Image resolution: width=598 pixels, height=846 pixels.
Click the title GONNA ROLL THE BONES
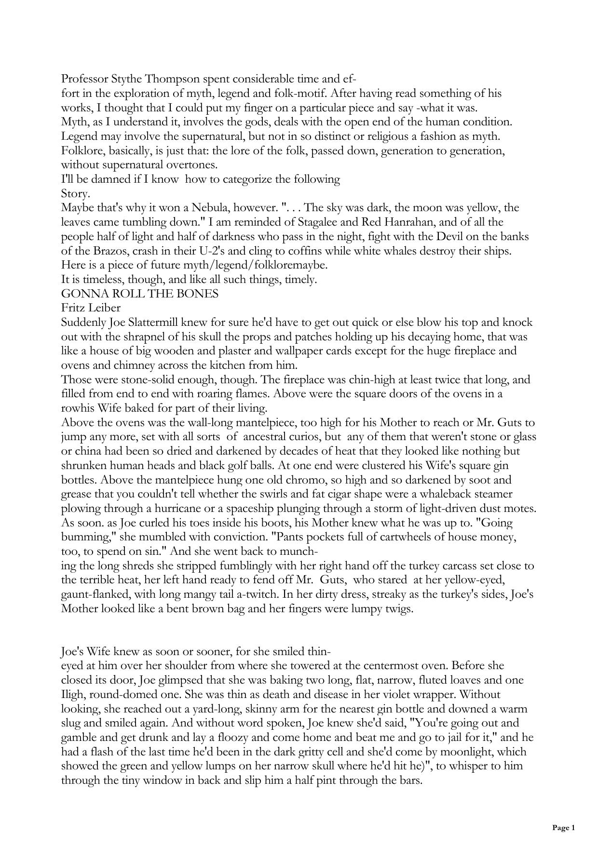pyautogui.click(x=140, y=294)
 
